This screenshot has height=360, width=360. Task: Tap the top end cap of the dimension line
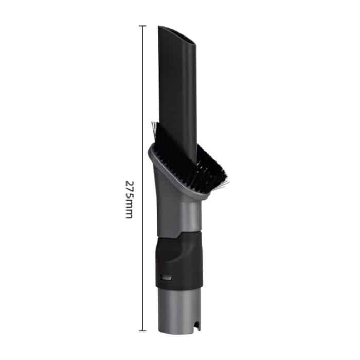(142, 26)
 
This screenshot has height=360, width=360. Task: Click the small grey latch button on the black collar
(165, 278)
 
